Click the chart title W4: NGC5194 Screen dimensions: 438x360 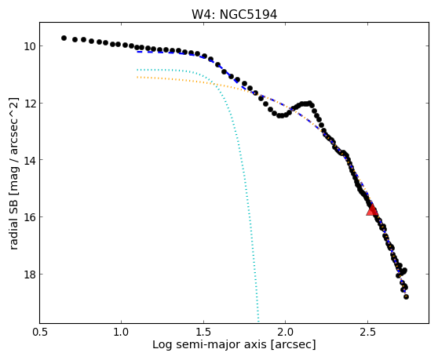[x=234, y=15]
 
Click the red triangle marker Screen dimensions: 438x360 [x=372, y=210]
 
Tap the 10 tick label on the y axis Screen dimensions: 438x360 [x=29, y=46]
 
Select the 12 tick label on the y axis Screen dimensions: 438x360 [x=29, y=104]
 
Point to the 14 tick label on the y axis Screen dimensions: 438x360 [x=29, y=160]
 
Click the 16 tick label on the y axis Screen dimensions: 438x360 [x=29, y=217]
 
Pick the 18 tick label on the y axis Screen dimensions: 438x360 [x=29, y=275]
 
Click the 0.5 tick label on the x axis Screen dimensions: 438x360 [x=40, y=333]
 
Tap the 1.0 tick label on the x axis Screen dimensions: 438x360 [x=122, y=333]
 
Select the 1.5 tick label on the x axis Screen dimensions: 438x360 [x=203, y=333]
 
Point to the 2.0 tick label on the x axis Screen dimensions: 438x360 [x=286, y=333]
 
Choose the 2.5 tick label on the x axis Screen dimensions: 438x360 [x=367, y=333]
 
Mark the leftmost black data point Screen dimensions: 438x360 [x=64, y=38]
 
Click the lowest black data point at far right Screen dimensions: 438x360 [x=406, y=297]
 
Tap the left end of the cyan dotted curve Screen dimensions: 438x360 [x=137, y=70]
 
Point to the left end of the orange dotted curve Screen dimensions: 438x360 [x=137, y=77]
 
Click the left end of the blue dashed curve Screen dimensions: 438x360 [x=137, y=52]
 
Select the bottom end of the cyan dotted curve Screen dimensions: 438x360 [x=258, y=322]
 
